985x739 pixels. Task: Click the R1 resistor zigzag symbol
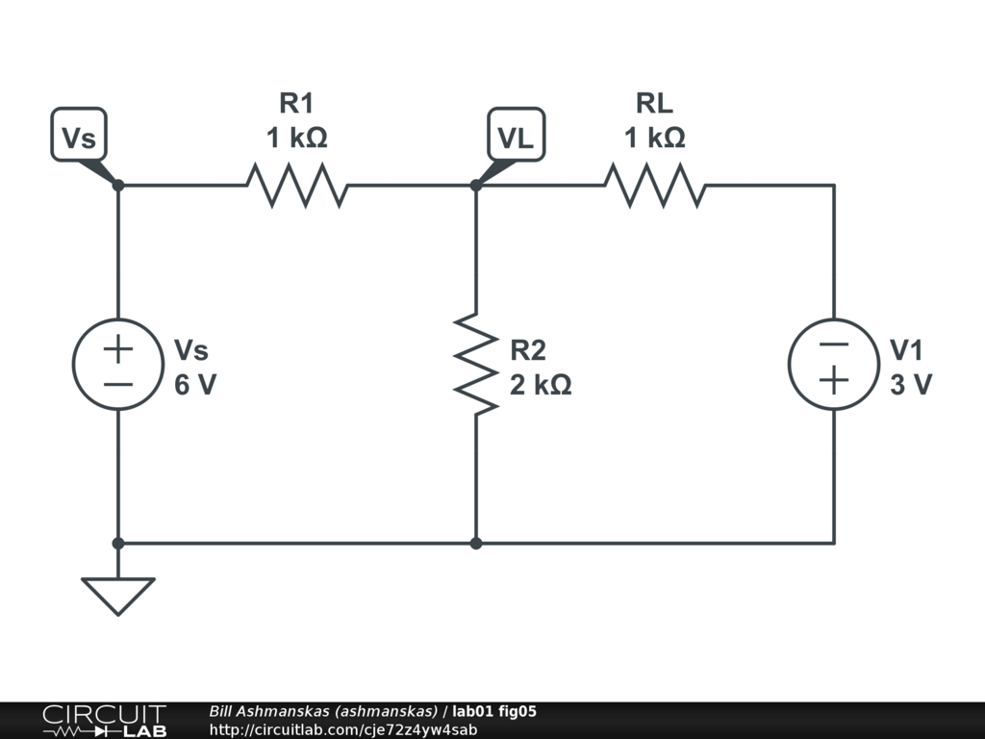(296, 185)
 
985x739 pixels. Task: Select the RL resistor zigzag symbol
(654, 185)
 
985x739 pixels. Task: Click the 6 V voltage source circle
(118, 364)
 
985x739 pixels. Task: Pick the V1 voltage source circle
(833, 364)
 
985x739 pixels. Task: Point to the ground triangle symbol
(118, 594)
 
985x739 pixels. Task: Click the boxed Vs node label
(79, 137)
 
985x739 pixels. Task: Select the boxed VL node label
(516, 138)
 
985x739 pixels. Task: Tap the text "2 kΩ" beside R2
(541, 386)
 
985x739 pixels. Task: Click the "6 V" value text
(195, 386)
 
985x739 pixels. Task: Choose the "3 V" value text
(910, 386)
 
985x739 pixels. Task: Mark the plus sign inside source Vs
(118, 348)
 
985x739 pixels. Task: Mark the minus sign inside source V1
(833, 345)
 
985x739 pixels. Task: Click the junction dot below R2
(476, 543)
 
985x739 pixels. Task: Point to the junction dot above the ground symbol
(118, 543)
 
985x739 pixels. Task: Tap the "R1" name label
(296, 103)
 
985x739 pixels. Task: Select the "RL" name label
(654, 103)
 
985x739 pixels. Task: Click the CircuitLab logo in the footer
(104, 721)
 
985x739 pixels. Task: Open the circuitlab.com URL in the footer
(343, 729)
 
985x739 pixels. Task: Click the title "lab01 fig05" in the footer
(494, 712)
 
